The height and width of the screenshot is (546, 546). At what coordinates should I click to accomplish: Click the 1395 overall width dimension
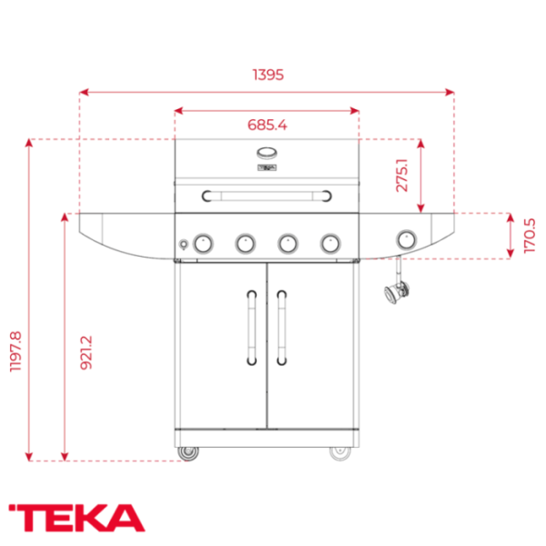(267, 76)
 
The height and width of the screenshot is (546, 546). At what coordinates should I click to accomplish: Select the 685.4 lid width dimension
(267, 125)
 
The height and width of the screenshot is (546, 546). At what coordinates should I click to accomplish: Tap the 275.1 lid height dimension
(401, 170)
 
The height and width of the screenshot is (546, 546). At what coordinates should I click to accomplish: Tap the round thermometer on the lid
(267, 153)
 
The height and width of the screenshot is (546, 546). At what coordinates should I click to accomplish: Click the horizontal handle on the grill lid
(267, 194)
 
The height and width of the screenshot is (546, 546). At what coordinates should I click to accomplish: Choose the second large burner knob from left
(245, 242)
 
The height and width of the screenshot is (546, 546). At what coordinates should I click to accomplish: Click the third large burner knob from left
(288, 242)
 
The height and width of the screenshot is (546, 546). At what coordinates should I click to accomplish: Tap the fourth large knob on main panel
(329, 242)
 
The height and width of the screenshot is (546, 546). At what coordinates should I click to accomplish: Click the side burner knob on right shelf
(406, 239)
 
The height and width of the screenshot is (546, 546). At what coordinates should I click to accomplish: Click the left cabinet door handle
(250, 327)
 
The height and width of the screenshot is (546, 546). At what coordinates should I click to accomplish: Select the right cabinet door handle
(281, 327)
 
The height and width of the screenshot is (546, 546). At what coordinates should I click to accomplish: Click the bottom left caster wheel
(188, 452)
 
